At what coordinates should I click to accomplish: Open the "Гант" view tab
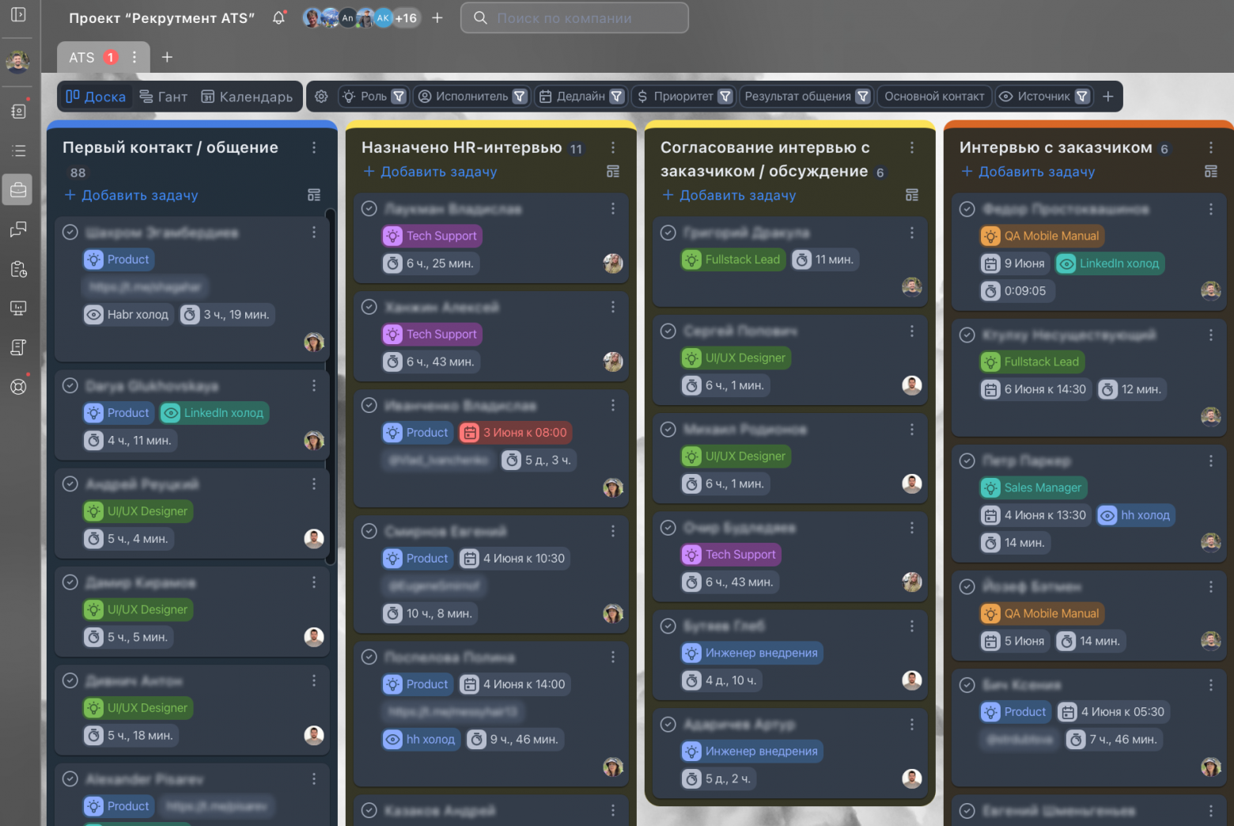coord(164,97)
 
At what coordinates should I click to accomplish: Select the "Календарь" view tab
coord(247,97)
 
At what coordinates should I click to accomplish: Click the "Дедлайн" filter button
coord(581,97)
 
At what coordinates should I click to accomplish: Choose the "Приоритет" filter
coord(683,97)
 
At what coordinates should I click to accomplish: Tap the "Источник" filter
coord(1043,97)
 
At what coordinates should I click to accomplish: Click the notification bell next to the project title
coord(278,17)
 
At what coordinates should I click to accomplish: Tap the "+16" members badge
coord(406,17)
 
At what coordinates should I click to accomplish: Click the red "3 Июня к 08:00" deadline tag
coord(516,433)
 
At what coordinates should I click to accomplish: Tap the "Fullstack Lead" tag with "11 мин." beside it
coord(733,260)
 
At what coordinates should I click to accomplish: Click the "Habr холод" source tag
coord(128,315)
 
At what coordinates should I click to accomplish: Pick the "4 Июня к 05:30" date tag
coord(1113,712)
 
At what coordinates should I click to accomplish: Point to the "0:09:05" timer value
coord(1024,291)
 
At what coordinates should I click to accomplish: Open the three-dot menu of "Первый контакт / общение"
coord(314,148)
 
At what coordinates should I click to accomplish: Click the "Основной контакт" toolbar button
coord(933,97)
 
